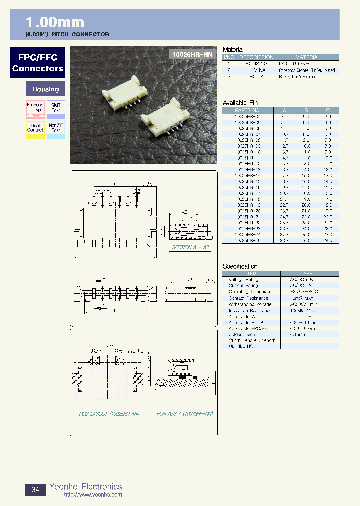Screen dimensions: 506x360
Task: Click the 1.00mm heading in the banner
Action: (55, 22)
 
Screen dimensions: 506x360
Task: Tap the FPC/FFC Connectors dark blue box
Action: (38, 63)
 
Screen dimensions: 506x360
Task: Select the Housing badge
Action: (45, 89)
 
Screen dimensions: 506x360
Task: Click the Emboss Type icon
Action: (35, 110)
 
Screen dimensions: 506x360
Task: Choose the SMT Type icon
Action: (56, 110)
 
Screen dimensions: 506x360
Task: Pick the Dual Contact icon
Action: (35, 130)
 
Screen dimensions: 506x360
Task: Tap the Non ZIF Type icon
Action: (56, 130)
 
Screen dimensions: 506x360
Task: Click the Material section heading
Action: (233, 50)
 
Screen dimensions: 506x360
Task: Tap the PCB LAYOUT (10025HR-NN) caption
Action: (109, 414)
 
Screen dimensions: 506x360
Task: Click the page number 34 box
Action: (35, 490)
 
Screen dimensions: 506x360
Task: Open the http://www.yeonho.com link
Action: (93, 495)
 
